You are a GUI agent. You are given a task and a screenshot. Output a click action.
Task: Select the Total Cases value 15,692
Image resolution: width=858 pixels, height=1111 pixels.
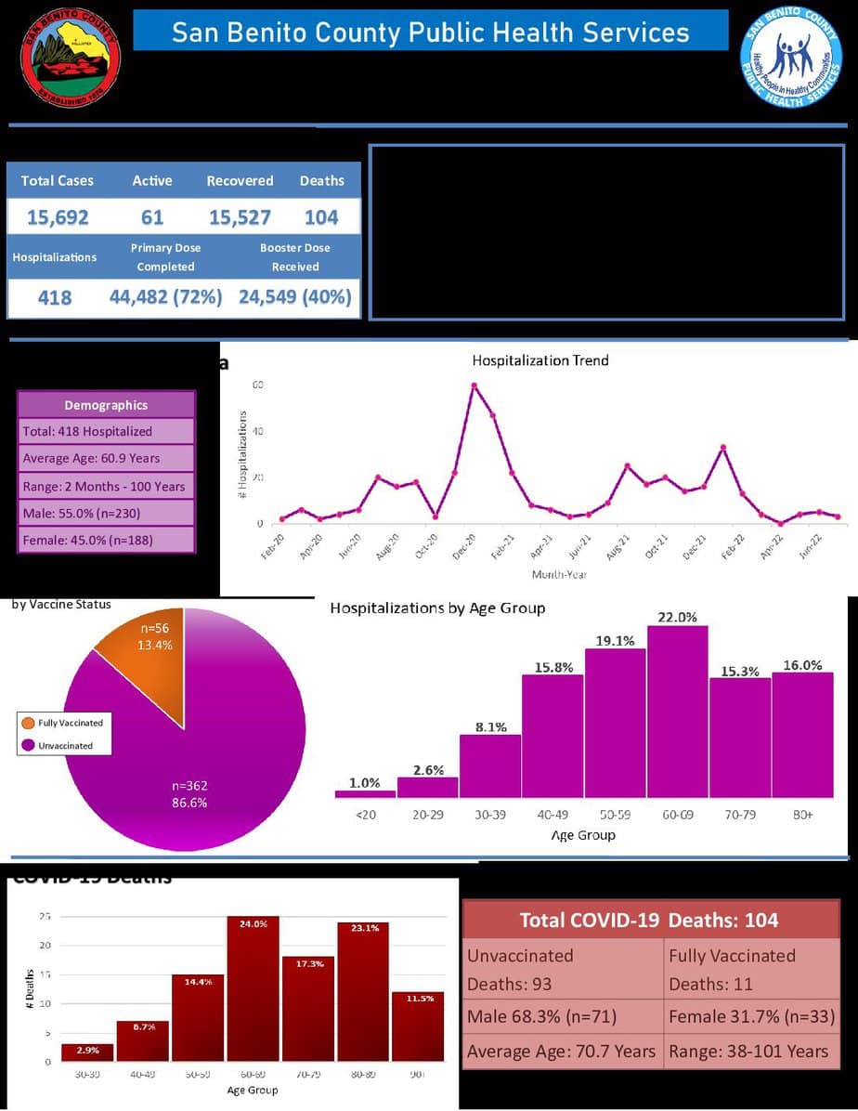58,217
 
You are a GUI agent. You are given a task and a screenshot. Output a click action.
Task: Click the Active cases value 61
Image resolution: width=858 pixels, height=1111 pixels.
152,217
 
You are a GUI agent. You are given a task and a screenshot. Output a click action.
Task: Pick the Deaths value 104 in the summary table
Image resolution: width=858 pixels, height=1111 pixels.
321,217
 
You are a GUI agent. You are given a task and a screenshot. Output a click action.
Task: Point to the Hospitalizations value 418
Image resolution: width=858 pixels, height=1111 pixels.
54,298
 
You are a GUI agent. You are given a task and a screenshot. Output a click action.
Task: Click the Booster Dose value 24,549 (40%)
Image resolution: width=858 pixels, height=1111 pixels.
295,297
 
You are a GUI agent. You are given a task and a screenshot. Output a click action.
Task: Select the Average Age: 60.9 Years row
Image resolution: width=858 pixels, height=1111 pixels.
106,458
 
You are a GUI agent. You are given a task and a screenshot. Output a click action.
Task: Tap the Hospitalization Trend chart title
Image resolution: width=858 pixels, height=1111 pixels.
540,359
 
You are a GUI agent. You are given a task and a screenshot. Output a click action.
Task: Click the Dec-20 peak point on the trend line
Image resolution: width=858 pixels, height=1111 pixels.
474,386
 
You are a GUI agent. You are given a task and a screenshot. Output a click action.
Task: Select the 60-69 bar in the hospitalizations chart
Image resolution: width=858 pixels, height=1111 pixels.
677,712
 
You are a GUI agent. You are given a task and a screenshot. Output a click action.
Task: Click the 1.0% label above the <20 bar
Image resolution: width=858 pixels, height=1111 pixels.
365,783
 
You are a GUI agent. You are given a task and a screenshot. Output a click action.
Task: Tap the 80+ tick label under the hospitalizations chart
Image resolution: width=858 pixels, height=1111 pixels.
801,814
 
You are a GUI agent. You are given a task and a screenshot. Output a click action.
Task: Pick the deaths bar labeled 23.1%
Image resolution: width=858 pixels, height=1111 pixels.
362,991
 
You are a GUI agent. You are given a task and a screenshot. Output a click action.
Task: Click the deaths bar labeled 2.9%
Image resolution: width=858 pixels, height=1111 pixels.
87,1052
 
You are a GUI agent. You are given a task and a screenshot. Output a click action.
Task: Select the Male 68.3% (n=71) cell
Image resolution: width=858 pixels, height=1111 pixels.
563,1017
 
